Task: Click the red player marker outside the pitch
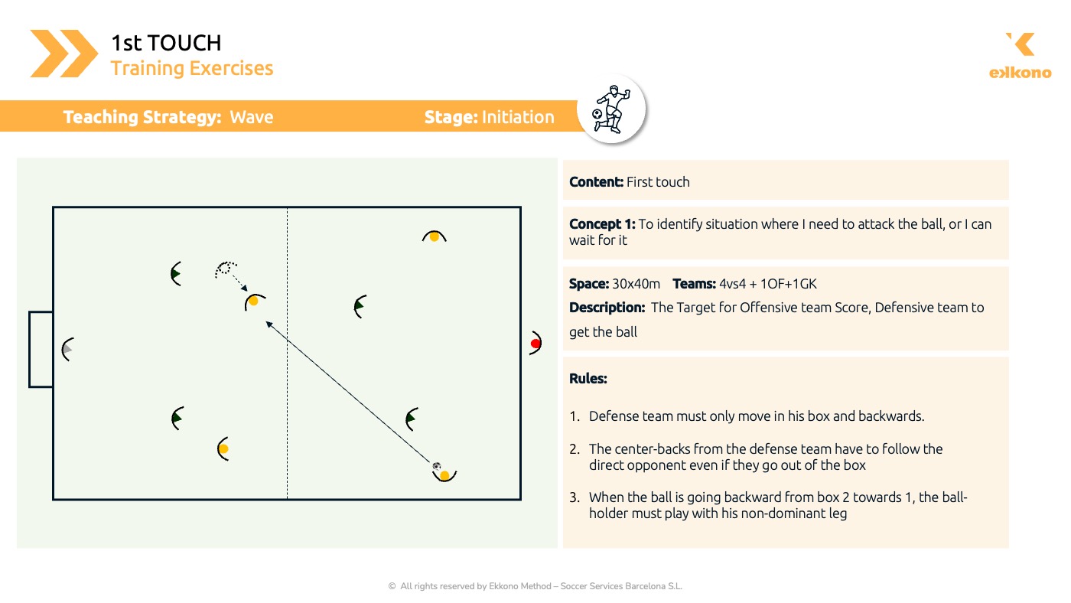click(535, 343)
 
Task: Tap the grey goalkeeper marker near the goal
click(67, 349)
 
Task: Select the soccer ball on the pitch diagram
click(436, 466)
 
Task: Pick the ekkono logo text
click(1021, 73)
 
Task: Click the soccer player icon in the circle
click(611, 109)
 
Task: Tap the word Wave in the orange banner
click(252, 117)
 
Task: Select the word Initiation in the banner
click(518, 117)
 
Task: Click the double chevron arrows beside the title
click(63, 54)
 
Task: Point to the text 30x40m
click(636, 284)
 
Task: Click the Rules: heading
click(588, 378)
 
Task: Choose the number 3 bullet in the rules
click(575, 497)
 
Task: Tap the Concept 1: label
click(602, 223)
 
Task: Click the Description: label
click(607, 308)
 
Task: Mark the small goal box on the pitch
click(41, 349)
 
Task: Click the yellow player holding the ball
click(444, 475)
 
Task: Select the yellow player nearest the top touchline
click(435, 236)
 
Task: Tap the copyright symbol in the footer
click(392, 586)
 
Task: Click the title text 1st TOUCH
click(167, 43)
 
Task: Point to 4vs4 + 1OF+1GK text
click(768, 284)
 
